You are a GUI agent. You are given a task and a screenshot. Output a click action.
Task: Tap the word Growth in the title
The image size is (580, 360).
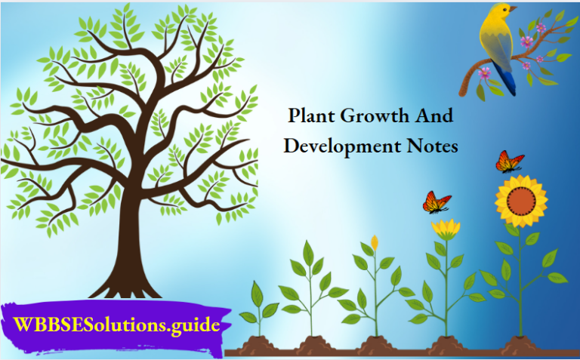375,118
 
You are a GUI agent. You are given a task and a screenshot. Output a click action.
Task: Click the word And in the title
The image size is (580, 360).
434,117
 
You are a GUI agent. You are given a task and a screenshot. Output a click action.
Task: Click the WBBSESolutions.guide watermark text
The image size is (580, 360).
117,326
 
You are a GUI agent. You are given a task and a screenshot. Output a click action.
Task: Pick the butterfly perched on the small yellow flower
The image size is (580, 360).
437,202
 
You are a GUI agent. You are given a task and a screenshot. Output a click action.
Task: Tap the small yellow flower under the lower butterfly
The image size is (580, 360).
446,229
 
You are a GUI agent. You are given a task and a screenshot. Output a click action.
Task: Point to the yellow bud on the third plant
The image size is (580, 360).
375,242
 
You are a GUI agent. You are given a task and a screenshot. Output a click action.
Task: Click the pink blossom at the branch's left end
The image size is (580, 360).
484,72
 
